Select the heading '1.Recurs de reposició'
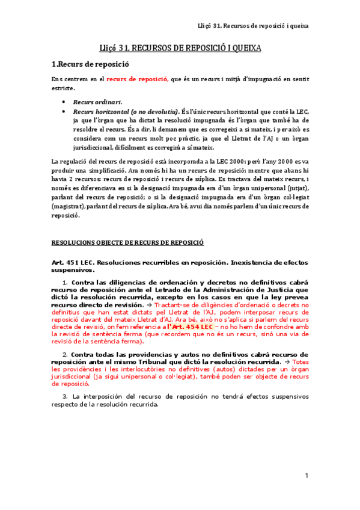tap(91, 64)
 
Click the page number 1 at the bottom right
tap(307, 476)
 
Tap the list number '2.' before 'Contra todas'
tap(66, 354)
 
